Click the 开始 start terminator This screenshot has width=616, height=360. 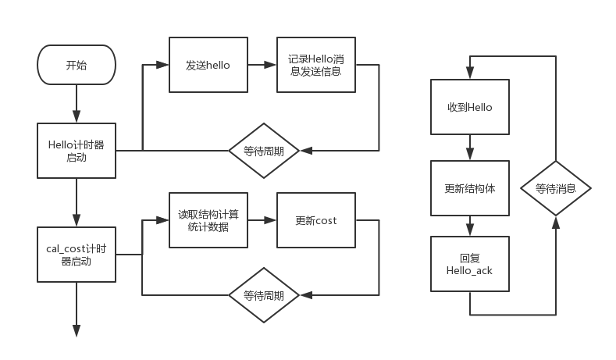tap(77, 65)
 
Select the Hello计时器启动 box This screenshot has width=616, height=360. tap(77, 150)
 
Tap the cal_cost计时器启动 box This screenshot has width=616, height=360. tap(77, 254)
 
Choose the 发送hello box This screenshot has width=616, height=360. tap(208, 66)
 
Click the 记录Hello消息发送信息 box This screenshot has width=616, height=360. tap(316, 66)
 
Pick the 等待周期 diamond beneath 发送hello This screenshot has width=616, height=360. tap(264, 151)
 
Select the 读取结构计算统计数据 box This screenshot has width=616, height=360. tap(208, 220)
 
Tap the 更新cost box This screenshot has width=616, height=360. tap(316, 220)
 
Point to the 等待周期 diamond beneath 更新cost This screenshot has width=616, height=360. tap(264, 295)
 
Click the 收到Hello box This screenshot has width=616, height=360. tap(470, 107)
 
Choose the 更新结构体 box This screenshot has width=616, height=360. tap(470, 188)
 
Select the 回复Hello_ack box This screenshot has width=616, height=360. tap(470, 264)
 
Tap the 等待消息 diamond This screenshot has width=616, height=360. tap(555, 188)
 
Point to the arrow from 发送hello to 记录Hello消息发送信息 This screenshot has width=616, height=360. tap(262, 66)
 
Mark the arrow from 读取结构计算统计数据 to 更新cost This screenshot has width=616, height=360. tap(262, 220)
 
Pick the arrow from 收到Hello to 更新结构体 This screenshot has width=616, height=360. tap(470, 148)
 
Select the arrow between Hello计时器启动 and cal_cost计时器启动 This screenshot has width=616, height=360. tap(77, 202)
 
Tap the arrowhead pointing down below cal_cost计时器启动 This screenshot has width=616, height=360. tap(77, 331)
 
